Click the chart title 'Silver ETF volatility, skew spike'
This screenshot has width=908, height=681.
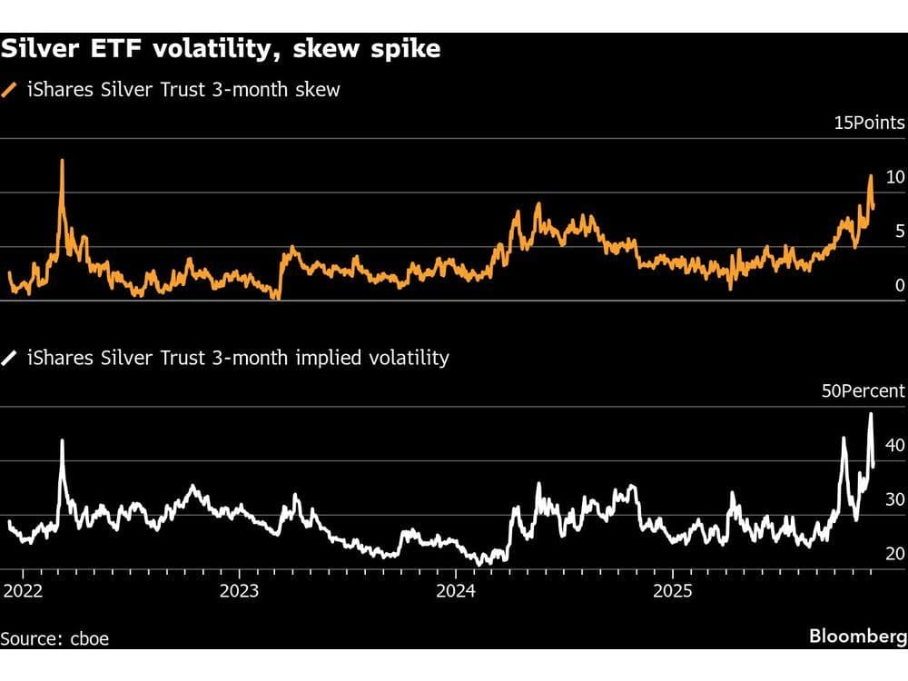click(x=221, y=49)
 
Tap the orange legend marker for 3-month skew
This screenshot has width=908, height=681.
click(x=10, y=89)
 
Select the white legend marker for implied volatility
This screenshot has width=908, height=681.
click(x=10, y=358)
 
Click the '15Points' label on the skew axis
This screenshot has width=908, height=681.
click(x=869, y=123)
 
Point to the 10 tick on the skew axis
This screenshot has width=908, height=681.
click(x=895, y=177)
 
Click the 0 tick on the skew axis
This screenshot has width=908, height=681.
click(x=900, y=285)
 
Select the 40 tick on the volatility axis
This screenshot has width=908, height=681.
click(x=894, y=445)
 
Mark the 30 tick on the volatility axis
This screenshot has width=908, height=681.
click(x=894, y=499)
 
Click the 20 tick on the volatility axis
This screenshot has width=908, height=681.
click(x=894, y=553)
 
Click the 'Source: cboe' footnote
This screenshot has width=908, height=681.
click(x=54, y=638)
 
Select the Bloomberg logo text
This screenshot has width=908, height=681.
click(x=856, y=636)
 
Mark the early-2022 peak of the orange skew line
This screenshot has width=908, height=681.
click(x=62, y=161)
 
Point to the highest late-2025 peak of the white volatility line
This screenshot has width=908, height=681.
click(x=871, y=414)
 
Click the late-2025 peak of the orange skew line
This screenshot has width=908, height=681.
click(x=871, y=176)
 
